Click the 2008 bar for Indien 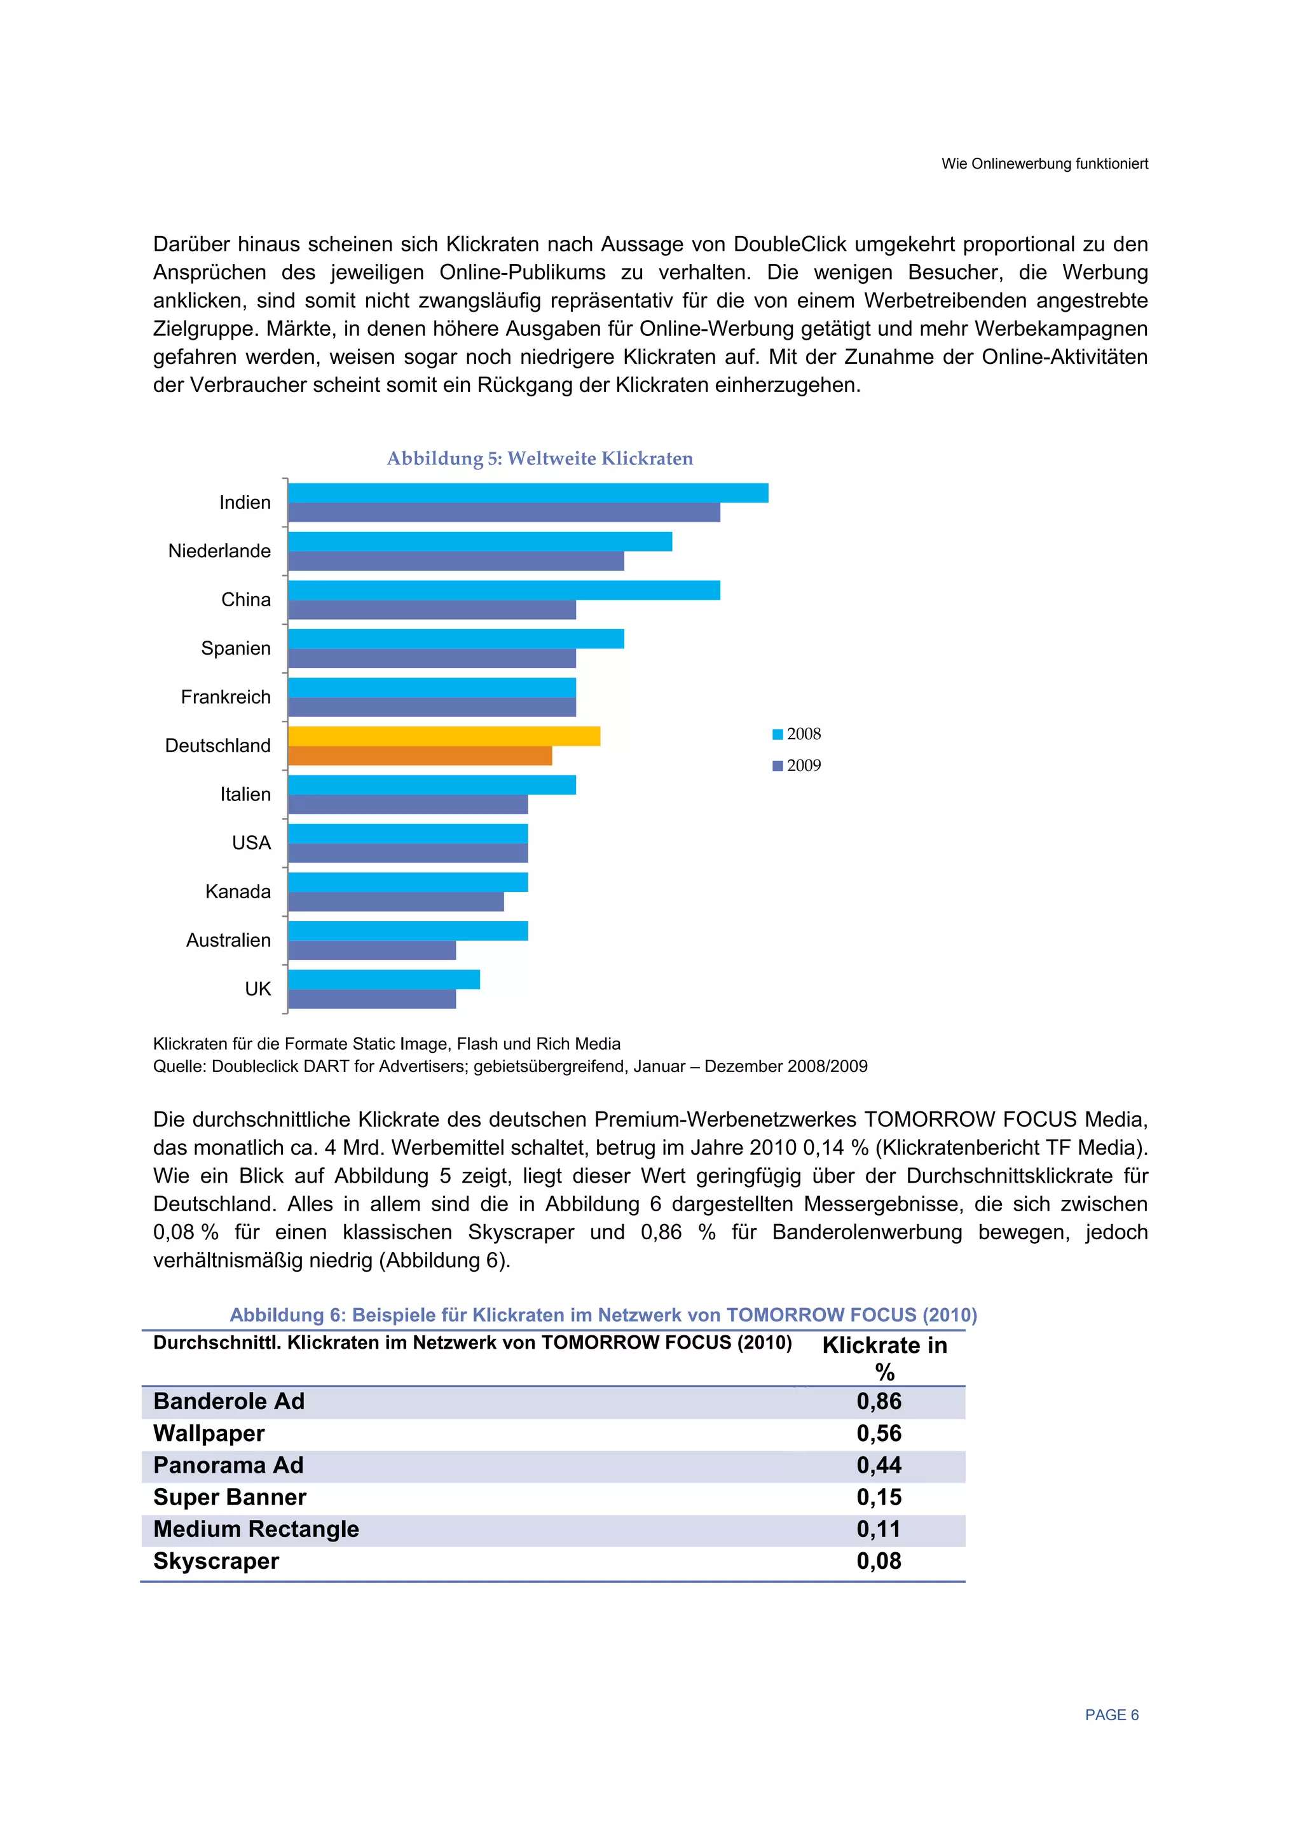tap(527, 493)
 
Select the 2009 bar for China tap(432, 610)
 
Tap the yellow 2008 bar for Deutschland tap(444, 736)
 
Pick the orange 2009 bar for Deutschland tap(420, 755)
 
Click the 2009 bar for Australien tap(371, 950)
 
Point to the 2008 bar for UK tap(383, 979)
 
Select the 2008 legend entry tap(797, 734)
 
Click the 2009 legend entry tap(797, 765)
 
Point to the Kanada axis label tap(238, 891)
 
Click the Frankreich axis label tap(226, 697)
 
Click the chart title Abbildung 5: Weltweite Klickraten tap(539, 458)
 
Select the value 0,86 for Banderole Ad tap(879, 1401)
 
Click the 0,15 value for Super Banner tap(879, 1497)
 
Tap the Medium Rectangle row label tap(256, 1529)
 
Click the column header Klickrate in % tap(884, 1358)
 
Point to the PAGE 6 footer tap(1111, 1714)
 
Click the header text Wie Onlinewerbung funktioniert tap(1044, 163)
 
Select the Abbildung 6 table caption tap(603, 1315)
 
